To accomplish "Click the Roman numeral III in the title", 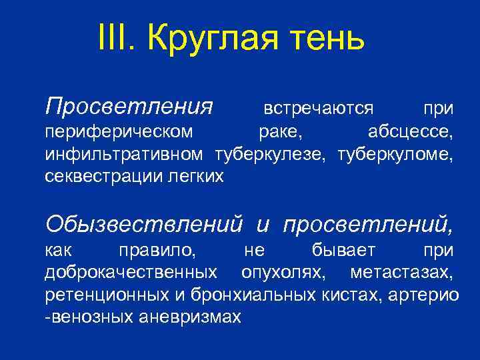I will tap(114, 37).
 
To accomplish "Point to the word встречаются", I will tap(318, 107).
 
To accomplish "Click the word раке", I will tap(280, 132).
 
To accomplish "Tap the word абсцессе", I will tap(411, 132).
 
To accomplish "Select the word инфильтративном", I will tap(124, 155).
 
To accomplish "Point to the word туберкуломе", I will tap(395, 155).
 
